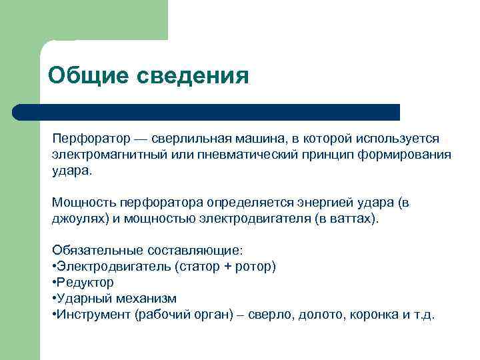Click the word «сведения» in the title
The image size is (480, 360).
[x=193, y=75]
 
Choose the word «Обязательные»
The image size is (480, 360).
[x=92, y=251]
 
